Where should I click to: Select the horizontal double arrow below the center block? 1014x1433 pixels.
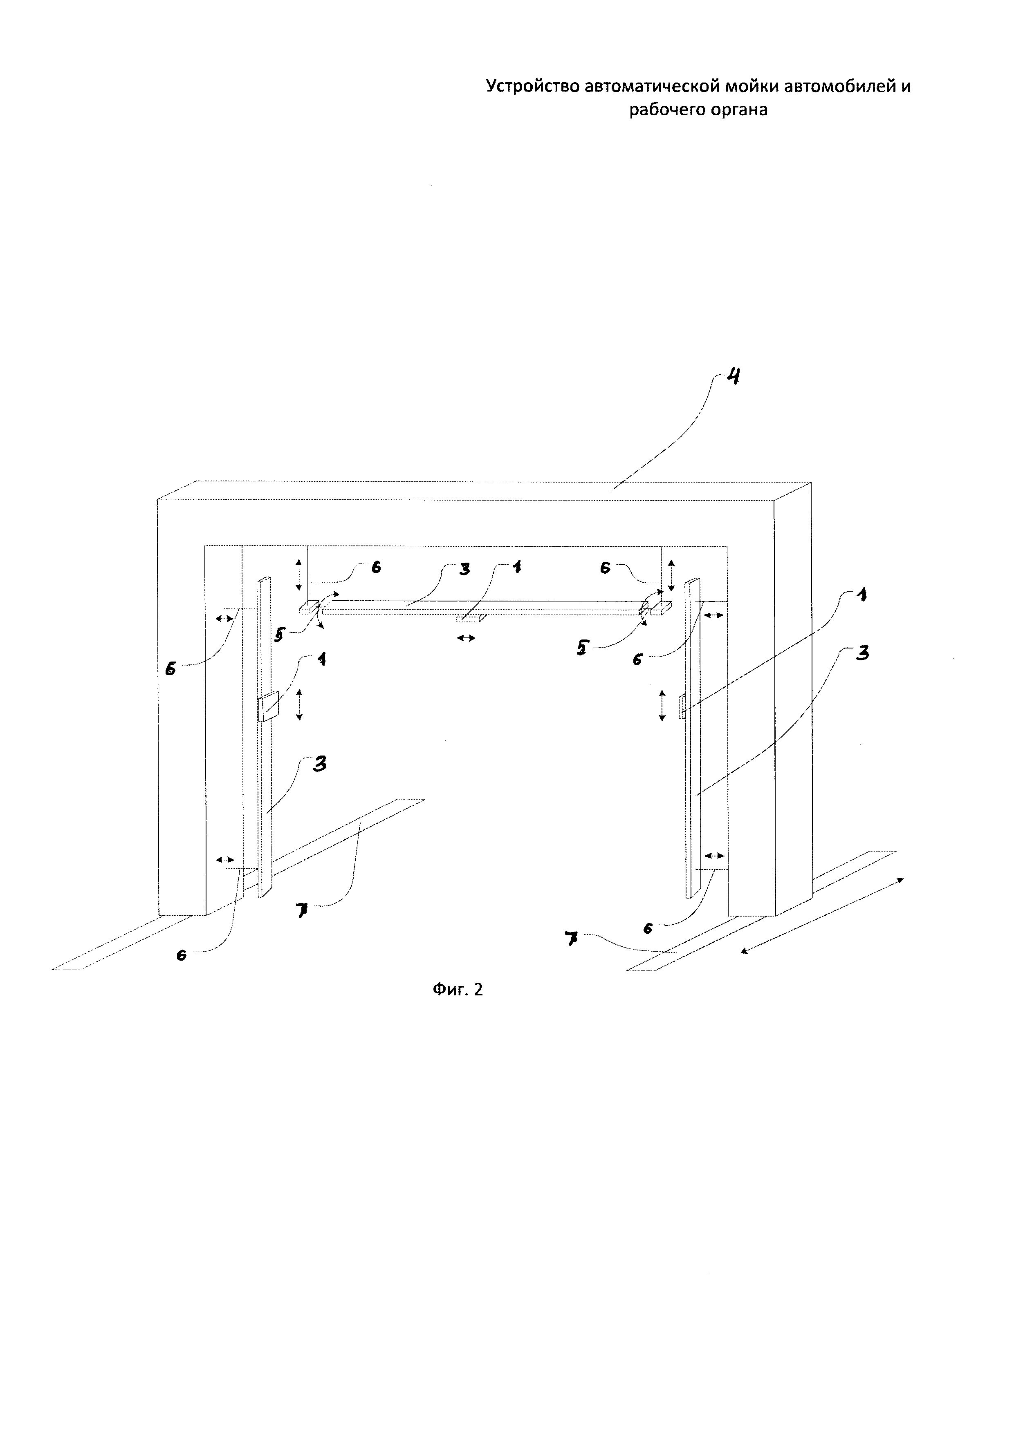[466, 638]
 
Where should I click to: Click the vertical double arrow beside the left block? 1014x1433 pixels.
[299, 704]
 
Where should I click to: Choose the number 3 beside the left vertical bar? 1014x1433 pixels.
[320, 764]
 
